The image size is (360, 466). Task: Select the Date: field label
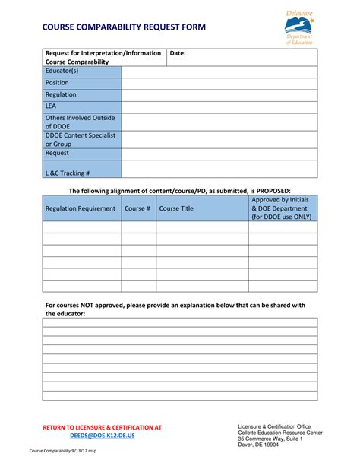pyautogui.click(x=178, y=54)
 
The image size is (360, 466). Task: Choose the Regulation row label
pyautogui.click(x=62, y=95)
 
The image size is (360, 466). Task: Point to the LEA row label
pyautogui.click(x=52, y=107)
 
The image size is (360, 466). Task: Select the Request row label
pyautogui.click(x=58, y=153)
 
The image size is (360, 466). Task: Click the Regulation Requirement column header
pyautogui.click(x=81, y=208)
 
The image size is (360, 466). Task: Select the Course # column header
pyautogui.click(x=137, y=208)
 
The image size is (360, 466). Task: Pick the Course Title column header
pyautogui.click(x=176, y=208)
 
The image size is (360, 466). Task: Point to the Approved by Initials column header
pyautogui.click(x=280, y=200)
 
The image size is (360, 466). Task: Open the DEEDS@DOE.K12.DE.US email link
pyautogui.click(x=102, y=436)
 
